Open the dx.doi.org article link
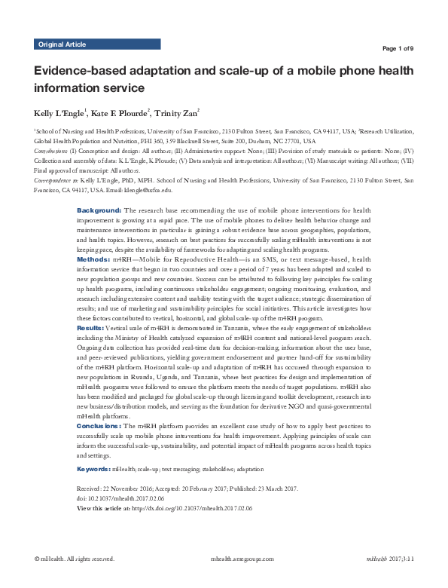click(x=193, y=510)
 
